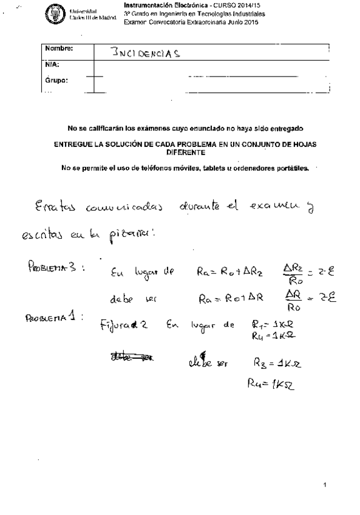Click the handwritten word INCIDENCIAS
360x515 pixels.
point(147,52)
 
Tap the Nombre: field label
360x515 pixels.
point(59,48)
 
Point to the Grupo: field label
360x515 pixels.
point(56,80)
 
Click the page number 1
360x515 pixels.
point(325,485)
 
